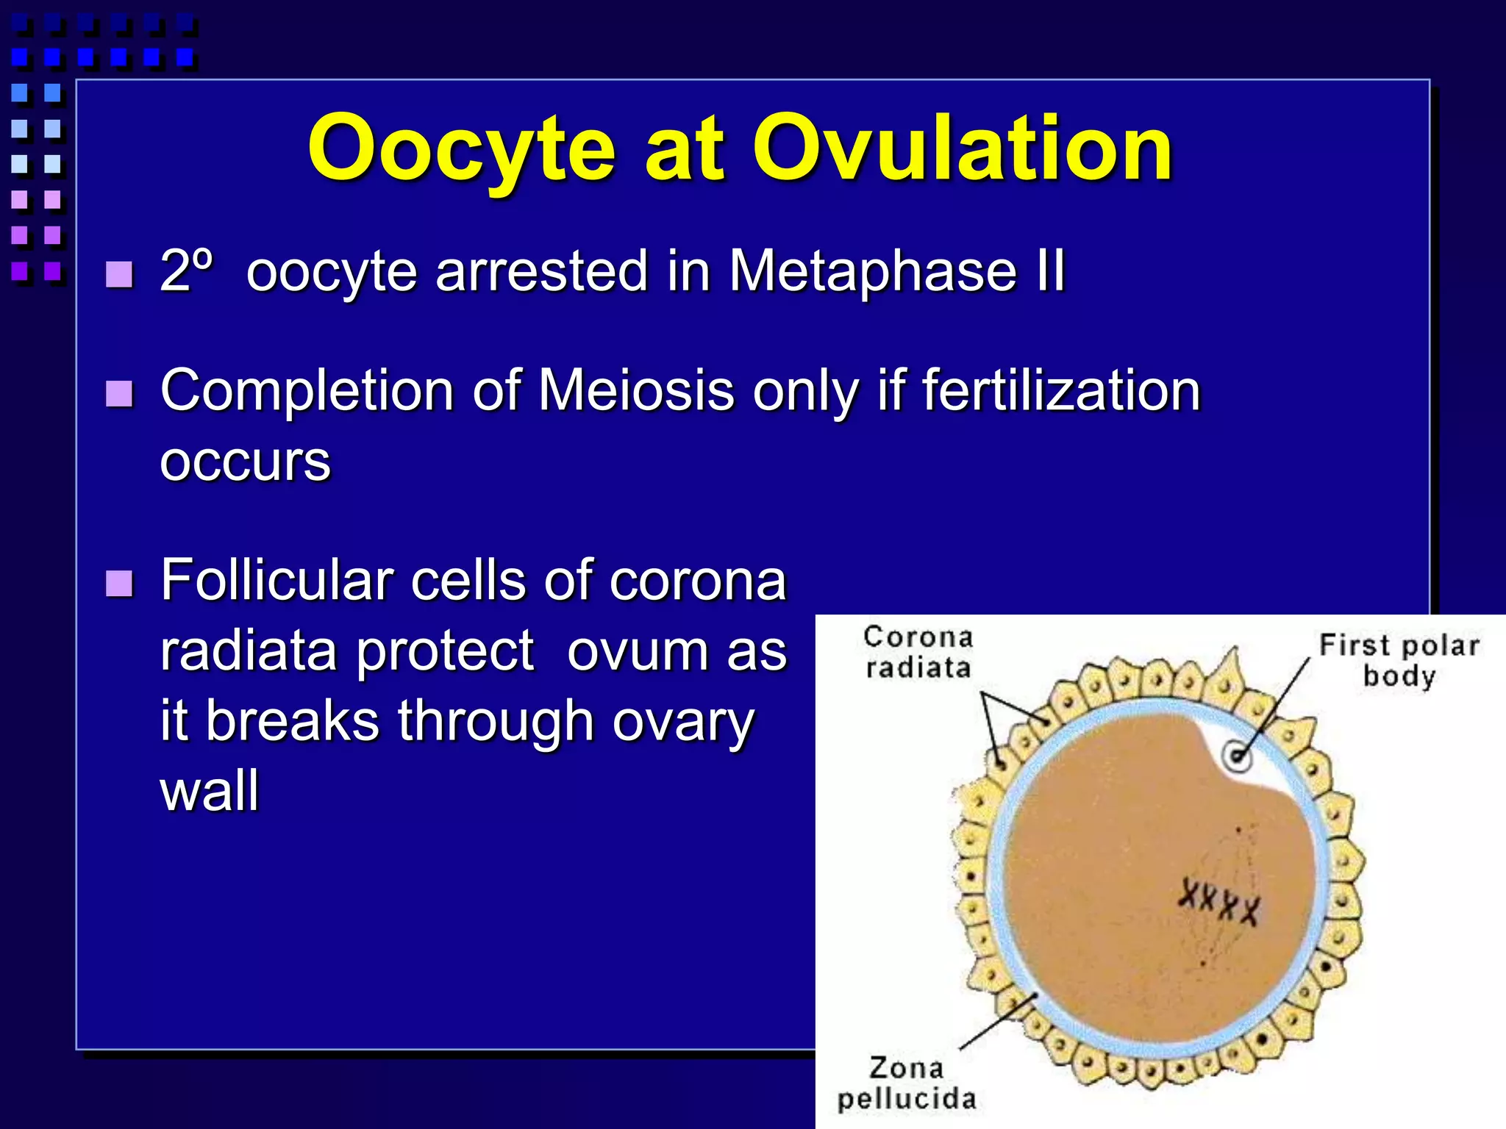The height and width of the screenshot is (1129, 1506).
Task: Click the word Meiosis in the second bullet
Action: (x=636, y=390)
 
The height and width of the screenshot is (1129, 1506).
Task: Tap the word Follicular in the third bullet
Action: (x=277, y=580)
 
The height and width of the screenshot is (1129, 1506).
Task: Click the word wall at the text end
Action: (x=210, y=791)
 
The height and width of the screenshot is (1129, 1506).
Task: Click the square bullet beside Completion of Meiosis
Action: (x=119, y=394)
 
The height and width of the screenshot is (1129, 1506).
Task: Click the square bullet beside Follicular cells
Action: (x=119, y=584)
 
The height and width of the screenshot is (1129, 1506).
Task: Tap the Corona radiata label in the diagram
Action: (x=918, y=652)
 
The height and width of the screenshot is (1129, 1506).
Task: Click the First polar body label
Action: (x=1399, y=659)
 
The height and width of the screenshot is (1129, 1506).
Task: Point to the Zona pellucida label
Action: (x=906, y=1083)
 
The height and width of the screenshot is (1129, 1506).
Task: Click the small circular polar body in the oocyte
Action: (x=1238, y=756)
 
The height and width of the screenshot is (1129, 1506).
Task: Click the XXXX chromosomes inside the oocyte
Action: (x=1218, y=901)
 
